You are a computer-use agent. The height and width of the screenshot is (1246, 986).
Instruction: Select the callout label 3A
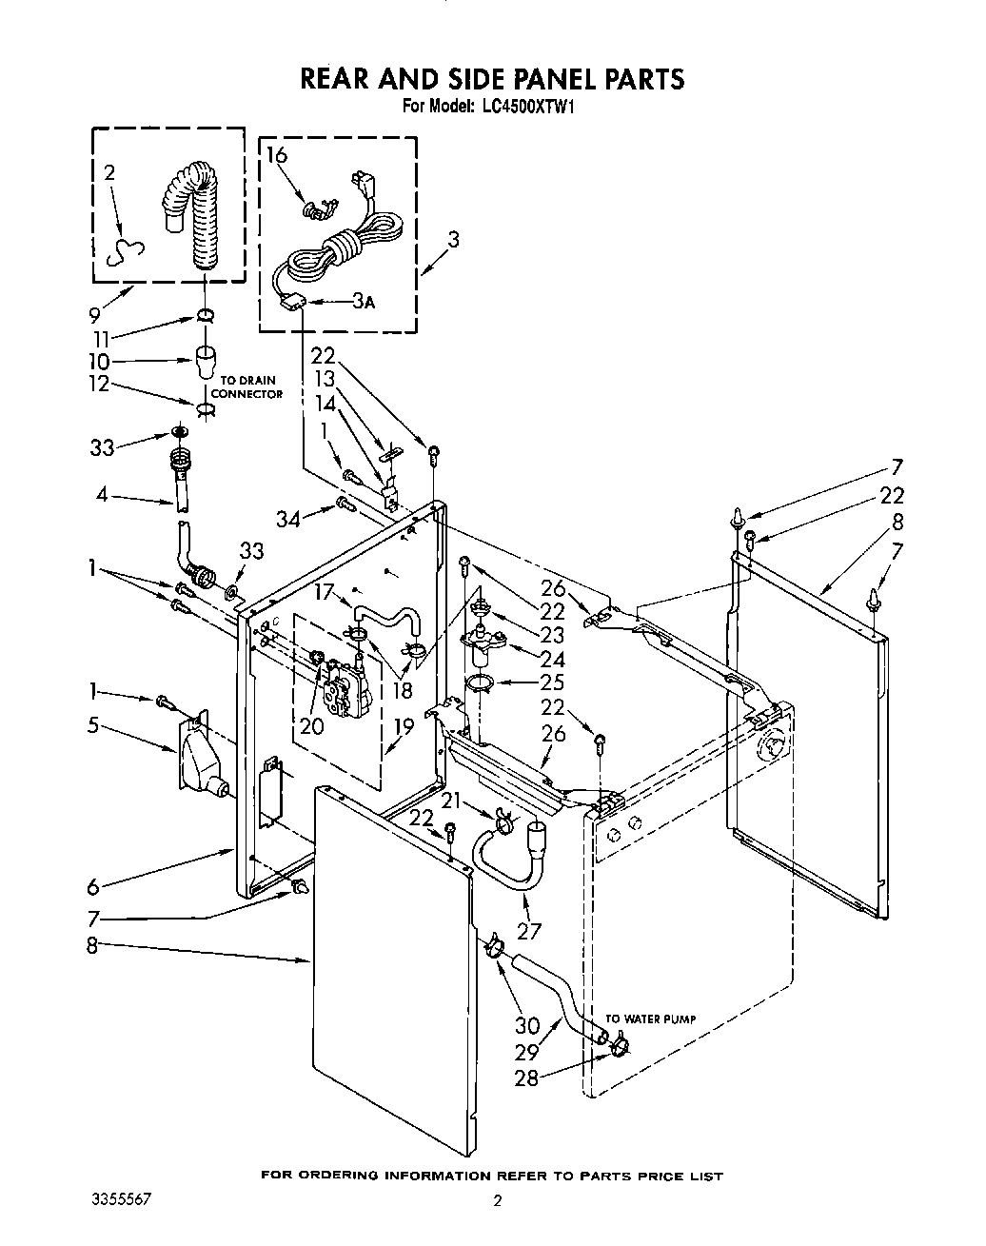click(363, 302)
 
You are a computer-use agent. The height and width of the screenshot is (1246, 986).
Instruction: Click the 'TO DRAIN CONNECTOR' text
click(246, 387)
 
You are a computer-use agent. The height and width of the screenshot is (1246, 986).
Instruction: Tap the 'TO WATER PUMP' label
click(651, 1019)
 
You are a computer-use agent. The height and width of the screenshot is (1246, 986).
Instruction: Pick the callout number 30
click(526, 1025)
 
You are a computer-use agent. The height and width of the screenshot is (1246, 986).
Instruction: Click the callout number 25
click(552, 682)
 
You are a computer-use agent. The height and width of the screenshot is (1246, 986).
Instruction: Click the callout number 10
click(99, 362)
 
